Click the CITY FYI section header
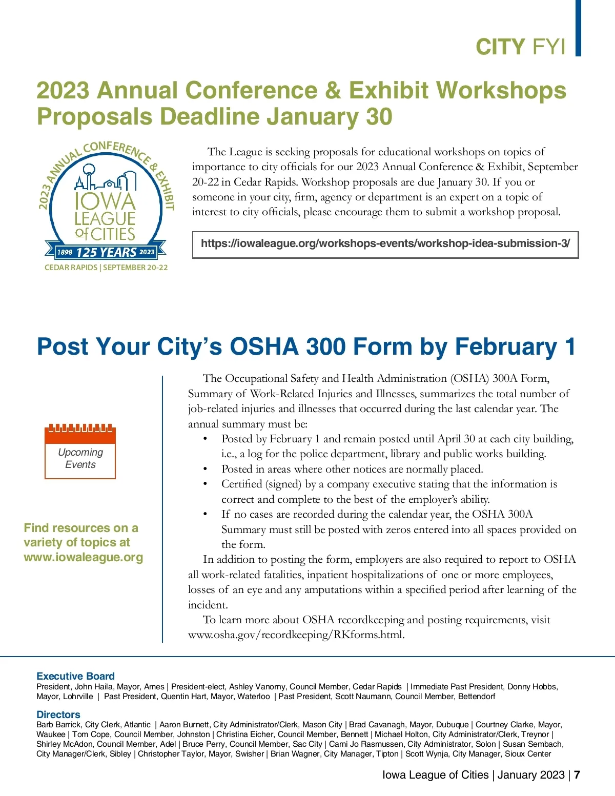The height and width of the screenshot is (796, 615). click(520, 47)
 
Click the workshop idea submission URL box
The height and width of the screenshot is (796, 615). click(385, 244)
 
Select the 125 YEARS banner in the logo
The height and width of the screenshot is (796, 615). click(106, 252)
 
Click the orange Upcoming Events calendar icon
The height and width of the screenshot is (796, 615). click(80, 452)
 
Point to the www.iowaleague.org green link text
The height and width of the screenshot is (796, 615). click(83, 557)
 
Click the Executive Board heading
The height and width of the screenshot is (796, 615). click(75, 676)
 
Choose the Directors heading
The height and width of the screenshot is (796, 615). click(58, 715)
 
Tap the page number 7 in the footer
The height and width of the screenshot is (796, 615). click(577, 774)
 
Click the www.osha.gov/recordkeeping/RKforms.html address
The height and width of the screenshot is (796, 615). click(296, 635)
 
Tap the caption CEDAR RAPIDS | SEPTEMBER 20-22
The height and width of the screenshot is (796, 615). click(106, 268)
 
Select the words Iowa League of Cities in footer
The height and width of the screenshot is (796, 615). click(435, 774)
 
